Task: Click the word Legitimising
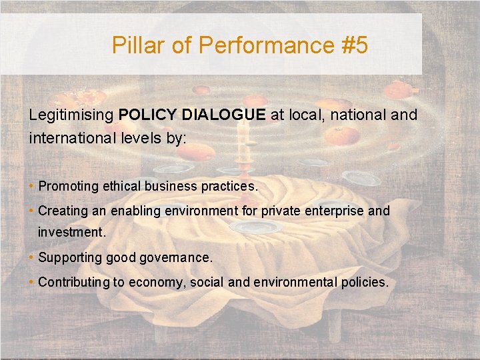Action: pyautogui.click(x=71, y=115)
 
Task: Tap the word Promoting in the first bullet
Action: pyautogui.click(x=68, y=187)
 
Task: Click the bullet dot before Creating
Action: pyautogui.click(x=32, y=211)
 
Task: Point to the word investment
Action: pyautogui.click(x=70, y=233)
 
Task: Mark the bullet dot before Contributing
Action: pyautogui.click(x=32, y=282)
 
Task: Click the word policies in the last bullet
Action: pyautogui.click(x=363, y=282)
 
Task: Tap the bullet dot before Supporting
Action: pyautogui.click(x=32, y=257)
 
